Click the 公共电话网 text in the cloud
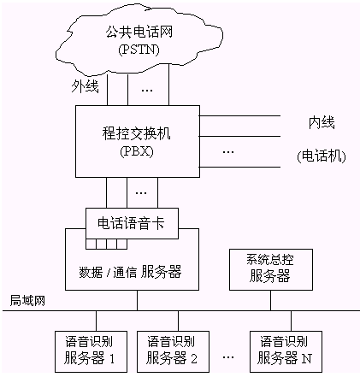point(139,32)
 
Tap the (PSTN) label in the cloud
point(139,50)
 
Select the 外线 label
point(85,86)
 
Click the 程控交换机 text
point(137,133)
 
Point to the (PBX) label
point(137,151)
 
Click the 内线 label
point(322,123)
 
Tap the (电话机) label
point(322,156)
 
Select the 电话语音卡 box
point(133,223)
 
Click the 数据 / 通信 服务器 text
point(130,272)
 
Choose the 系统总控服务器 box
point(271,269)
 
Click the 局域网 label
point(27,301)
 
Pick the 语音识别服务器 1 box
point(91,351)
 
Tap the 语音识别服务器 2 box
point(173,351)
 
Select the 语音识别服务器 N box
point(286,351)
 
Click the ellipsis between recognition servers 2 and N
point(228,357)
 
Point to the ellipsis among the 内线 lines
point(228,152)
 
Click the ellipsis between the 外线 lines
point(147,91)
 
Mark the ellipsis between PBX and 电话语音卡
point(141,193)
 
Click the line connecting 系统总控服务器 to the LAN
point(270,300)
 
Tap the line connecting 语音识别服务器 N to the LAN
point(291,321)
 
